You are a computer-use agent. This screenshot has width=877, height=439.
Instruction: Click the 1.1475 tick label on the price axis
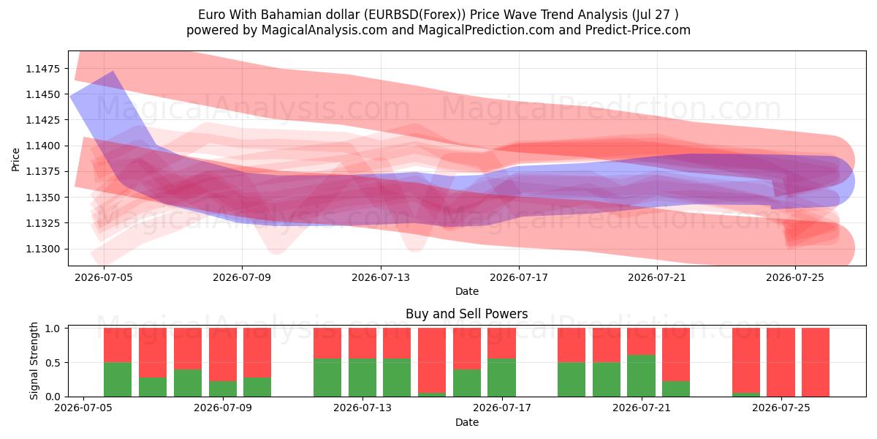point(43,69)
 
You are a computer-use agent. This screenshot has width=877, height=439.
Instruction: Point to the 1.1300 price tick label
point(43,249)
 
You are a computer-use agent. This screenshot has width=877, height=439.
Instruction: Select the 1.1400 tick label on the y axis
point(43,146)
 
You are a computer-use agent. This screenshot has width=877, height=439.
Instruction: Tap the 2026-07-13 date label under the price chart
point(381,277)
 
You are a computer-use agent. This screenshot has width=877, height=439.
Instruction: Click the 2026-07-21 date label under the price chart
point(657,277)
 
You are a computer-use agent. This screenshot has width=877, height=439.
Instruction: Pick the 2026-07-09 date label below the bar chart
point(223,408)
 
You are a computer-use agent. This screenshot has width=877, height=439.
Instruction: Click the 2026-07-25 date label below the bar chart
point(781,408)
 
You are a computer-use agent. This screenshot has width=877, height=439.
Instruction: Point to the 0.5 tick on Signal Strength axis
point(53,363)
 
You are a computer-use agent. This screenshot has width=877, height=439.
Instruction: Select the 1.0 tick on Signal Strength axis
point(53,329)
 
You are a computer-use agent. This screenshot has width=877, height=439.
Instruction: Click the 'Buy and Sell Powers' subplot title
point(467,314)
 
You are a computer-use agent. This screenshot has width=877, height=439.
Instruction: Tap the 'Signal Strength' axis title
point(34,361)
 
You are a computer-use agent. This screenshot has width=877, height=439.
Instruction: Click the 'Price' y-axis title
point(15,160)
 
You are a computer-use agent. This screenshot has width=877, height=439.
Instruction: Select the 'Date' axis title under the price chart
point(467,291)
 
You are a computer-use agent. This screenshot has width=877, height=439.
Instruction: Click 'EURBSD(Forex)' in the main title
point(415,15)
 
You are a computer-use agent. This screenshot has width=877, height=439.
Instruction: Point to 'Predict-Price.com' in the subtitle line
point(638,30)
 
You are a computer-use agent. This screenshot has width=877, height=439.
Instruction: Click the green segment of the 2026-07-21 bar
point(641,376)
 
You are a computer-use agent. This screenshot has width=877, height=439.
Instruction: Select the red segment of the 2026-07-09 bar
point(223,354)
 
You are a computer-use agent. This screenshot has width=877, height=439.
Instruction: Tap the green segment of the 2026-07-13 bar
point(362,378)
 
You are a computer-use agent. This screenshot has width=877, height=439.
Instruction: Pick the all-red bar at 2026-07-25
point(781,362)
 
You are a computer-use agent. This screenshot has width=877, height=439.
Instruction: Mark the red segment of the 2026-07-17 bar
point(501,343)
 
